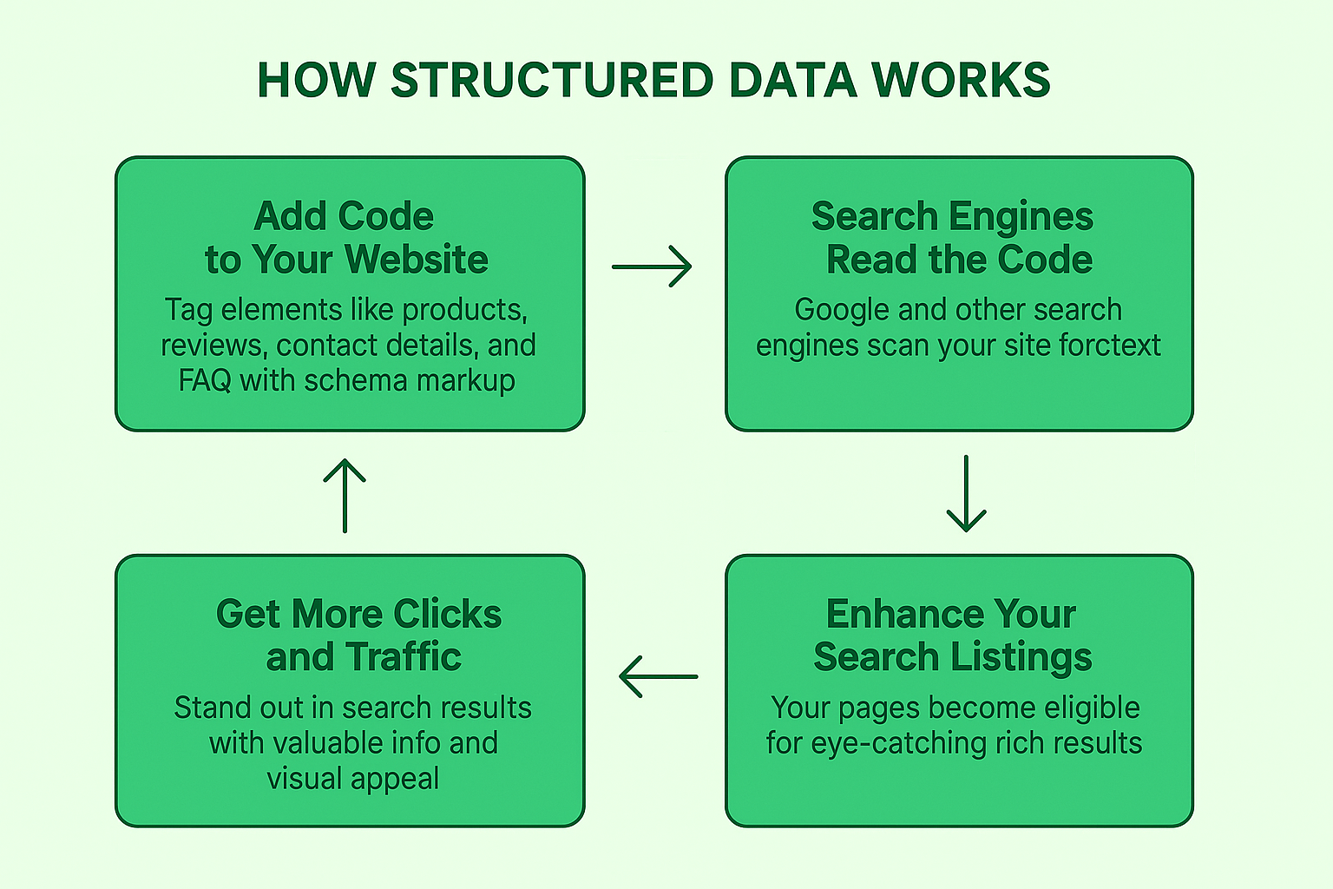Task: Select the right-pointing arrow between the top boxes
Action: tap(652, 267)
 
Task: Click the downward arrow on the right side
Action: tap(966, 493)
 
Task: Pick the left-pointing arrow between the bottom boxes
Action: tap(659, 675)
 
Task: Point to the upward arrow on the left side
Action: tap(345, 495)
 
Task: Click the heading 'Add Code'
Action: tap(345, 216)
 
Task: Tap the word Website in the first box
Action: tap(417, 260)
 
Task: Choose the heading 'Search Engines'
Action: tap(952, 216)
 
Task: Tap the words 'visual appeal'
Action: tap(352, 779)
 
